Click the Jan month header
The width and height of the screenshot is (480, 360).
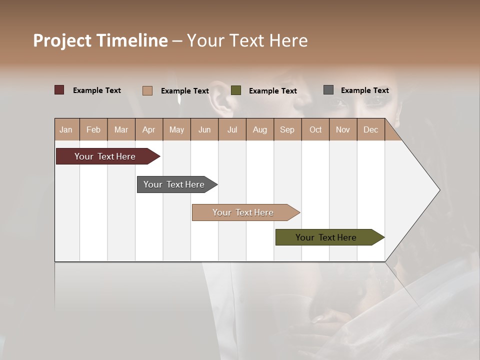point(66,129)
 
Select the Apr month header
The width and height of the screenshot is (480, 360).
point(149,129)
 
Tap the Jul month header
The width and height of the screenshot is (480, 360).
point(232,129)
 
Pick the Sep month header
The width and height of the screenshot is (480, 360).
point(287,129)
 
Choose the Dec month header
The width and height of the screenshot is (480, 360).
point(370,129)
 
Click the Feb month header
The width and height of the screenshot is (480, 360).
point(93,129)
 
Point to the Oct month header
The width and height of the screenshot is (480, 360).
point(315,129)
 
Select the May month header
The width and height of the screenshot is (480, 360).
point(176,129)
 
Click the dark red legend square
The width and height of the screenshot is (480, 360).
point(59,90)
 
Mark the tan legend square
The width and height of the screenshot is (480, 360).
point(147,90)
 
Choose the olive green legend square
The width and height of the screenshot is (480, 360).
point(236,90)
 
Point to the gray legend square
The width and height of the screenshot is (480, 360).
point(328,90)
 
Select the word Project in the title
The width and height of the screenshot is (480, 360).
point(62,40)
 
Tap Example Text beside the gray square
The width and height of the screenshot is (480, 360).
point(364,90)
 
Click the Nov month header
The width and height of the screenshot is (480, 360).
point(343,129)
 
